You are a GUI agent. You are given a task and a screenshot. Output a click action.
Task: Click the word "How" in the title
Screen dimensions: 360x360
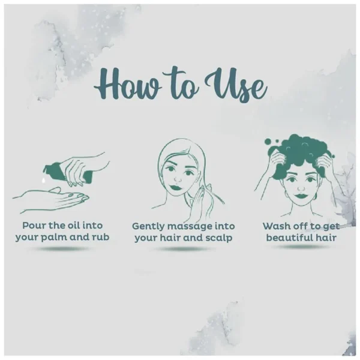tap(127, 84)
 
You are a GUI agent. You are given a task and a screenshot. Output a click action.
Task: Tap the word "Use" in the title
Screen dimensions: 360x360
tap(236, 85)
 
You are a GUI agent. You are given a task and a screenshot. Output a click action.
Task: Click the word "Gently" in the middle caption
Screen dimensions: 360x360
tap(148, 227)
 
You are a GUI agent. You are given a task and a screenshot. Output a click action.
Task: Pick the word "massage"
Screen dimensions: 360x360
tap(190, 227)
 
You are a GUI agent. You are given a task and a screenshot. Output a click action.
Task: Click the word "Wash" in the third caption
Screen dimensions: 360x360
tap(274, 226)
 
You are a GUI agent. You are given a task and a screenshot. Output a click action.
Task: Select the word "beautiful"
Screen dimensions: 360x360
tap(289, 238)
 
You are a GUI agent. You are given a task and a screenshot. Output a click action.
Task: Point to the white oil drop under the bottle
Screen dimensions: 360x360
tap(43, 180)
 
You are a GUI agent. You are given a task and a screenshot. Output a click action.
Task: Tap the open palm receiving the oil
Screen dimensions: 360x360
tap(51, 199)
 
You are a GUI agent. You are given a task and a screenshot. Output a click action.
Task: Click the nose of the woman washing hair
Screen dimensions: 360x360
tap(301, 188)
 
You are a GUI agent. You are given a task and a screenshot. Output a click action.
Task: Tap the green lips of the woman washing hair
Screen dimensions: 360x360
tap(301, 196)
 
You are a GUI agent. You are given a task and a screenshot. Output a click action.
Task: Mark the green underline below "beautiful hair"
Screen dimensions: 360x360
tap(301, 247)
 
